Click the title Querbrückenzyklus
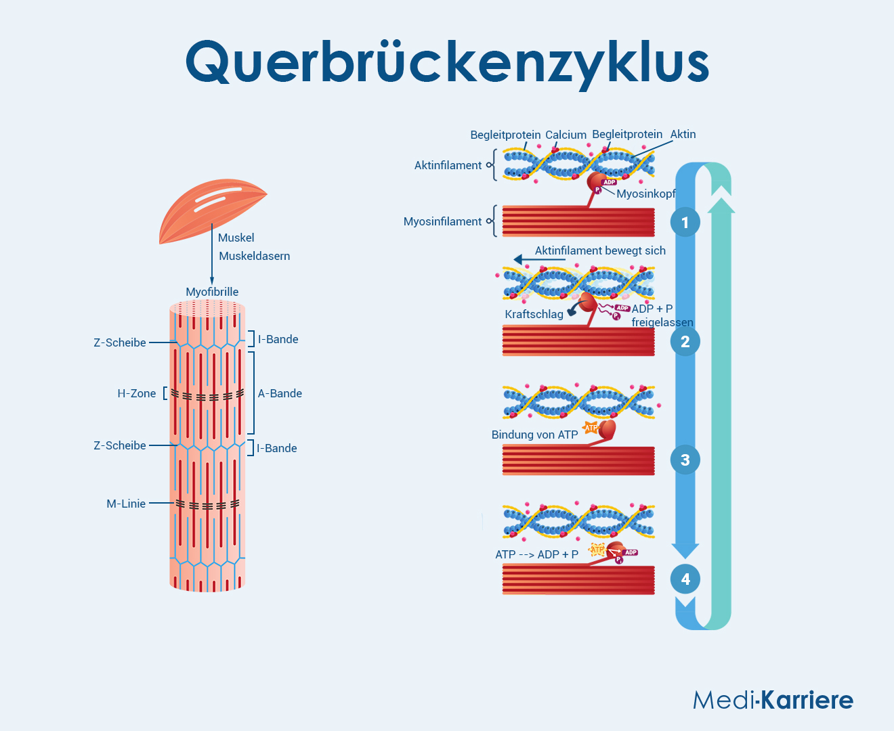pos(447,62)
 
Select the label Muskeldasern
pos(254,256)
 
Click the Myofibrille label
pos(212,292)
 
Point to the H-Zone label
pos(136,393)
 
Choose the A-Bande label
pos(280,393)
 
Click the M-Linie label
pos(126,504)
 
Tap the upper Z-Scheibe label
pos(120,342)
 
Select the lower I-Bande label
pos(276,448)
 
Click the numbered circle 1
pos(685,222)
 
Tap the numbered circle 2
pos(685,341)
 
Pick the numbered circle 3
pos(685,460)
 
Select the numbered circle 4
pos(685,579)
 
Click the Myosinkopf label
pos(645,194)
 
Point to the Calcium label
pos(566,135)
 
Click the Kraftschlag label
pos(534,314)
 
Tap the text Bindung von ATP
pos(534,435)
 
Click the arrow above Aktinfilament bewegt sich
pos(539,259)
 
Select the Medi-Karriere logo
pos(773,700)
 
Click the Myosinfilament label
pos(442,221)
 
